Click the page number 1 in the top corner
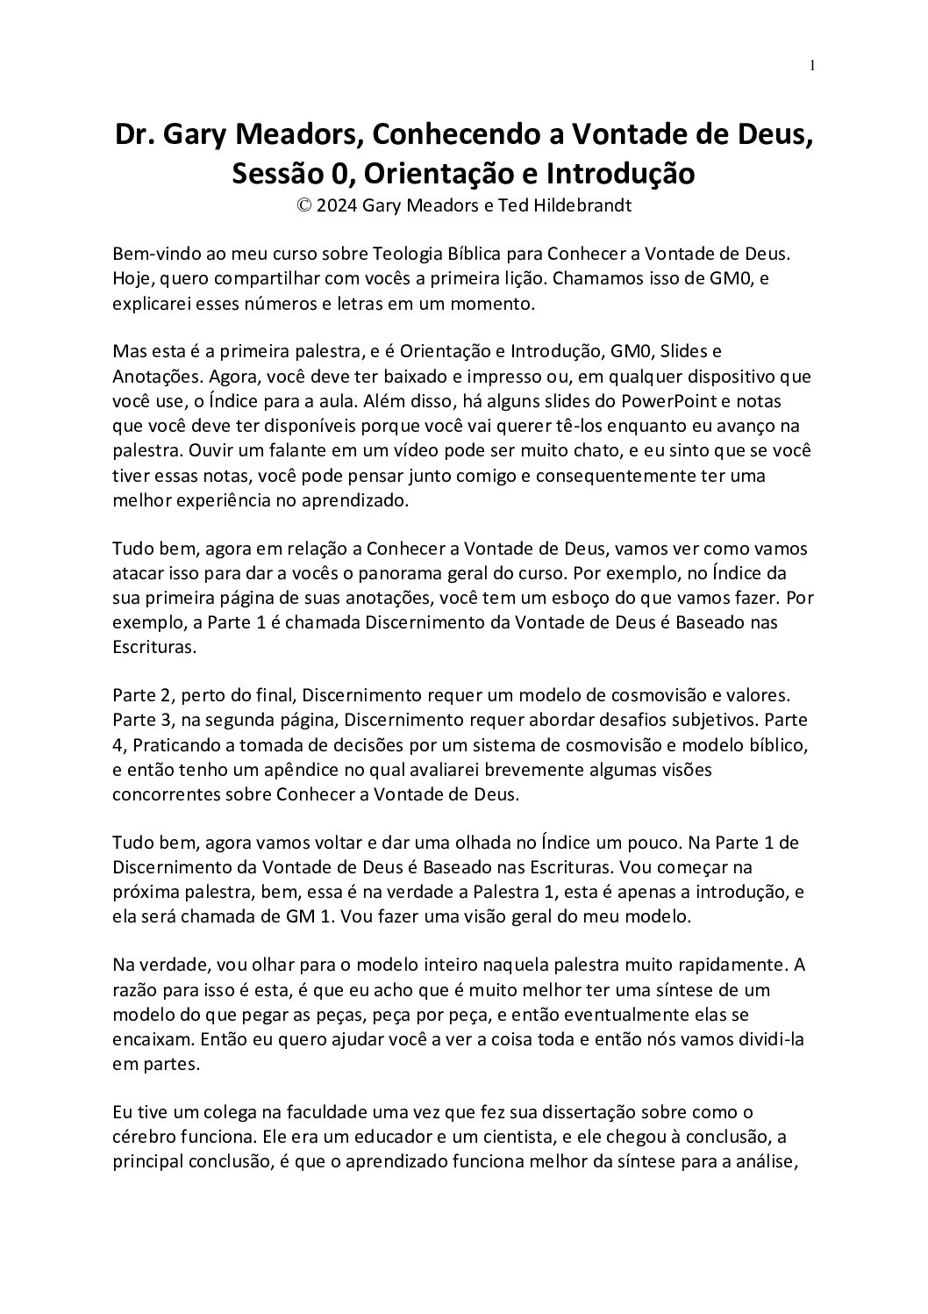coord(813,64)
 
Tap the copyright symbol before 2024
coord(304,205)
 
